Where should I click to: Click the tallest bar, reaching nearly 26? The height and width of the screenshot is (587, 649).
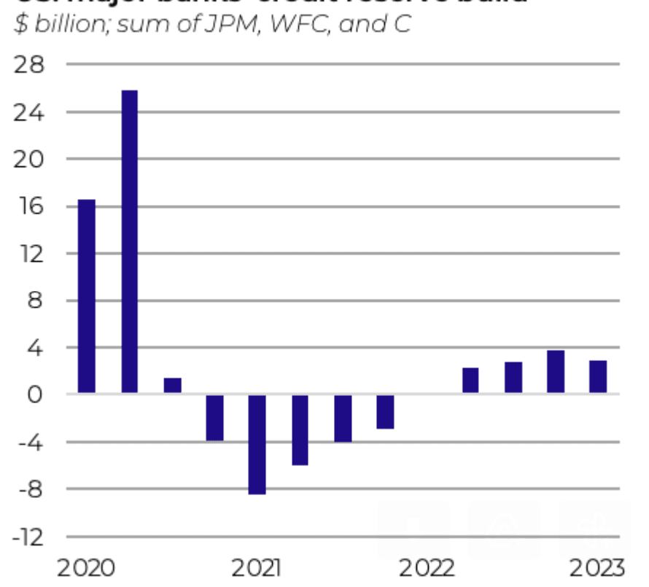click(x=129, y=241)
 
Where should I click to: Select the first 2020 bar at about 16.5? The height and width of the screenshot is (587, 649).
click(x=87, y=296)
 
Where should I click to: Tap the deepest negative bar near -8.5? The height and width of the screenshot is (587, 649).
click(x=257, y=444)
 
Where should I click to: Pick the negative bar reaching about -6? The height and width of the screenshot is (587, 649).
click(x=300, y=429)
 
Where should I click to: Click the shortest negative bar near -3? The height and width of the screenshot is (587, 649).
click(x=385, y=411)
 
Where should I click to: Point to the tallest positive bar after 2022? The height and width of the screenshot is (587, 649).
click(x=556, y=372)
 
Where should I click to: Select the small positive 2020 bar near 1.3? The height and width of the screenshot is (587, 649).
click(x=172, y=386)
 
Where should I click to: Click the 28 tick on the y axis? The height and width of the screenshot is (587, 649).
click(x=29, y=65)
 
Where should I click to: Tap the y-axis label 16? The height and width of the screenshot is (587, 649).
click(x=29, y=206)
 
